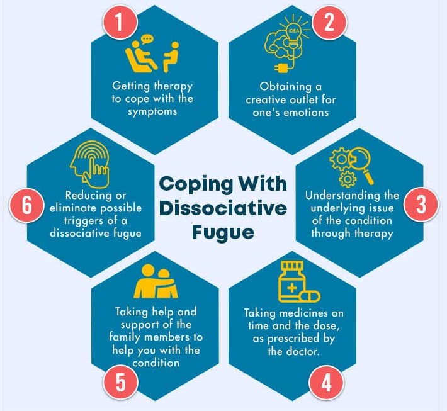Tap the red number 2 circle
coord(329,23)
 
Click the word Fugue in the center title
coord(224,232)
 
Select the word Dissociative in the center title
coord(224,208)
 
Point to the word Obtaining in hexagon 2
coord(286,86)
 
